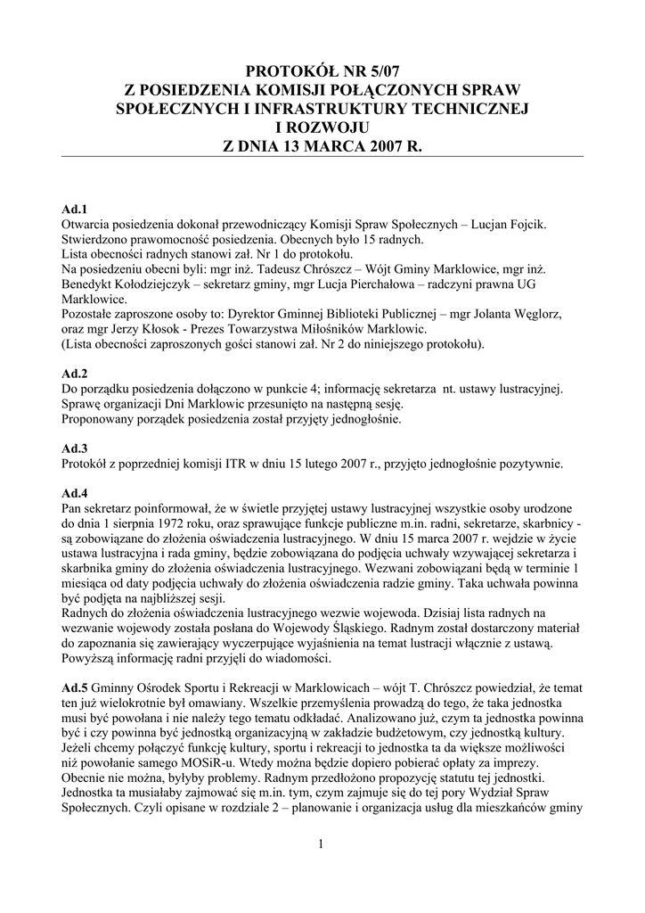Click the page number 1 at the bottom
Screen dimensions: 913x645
[321, 845]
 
